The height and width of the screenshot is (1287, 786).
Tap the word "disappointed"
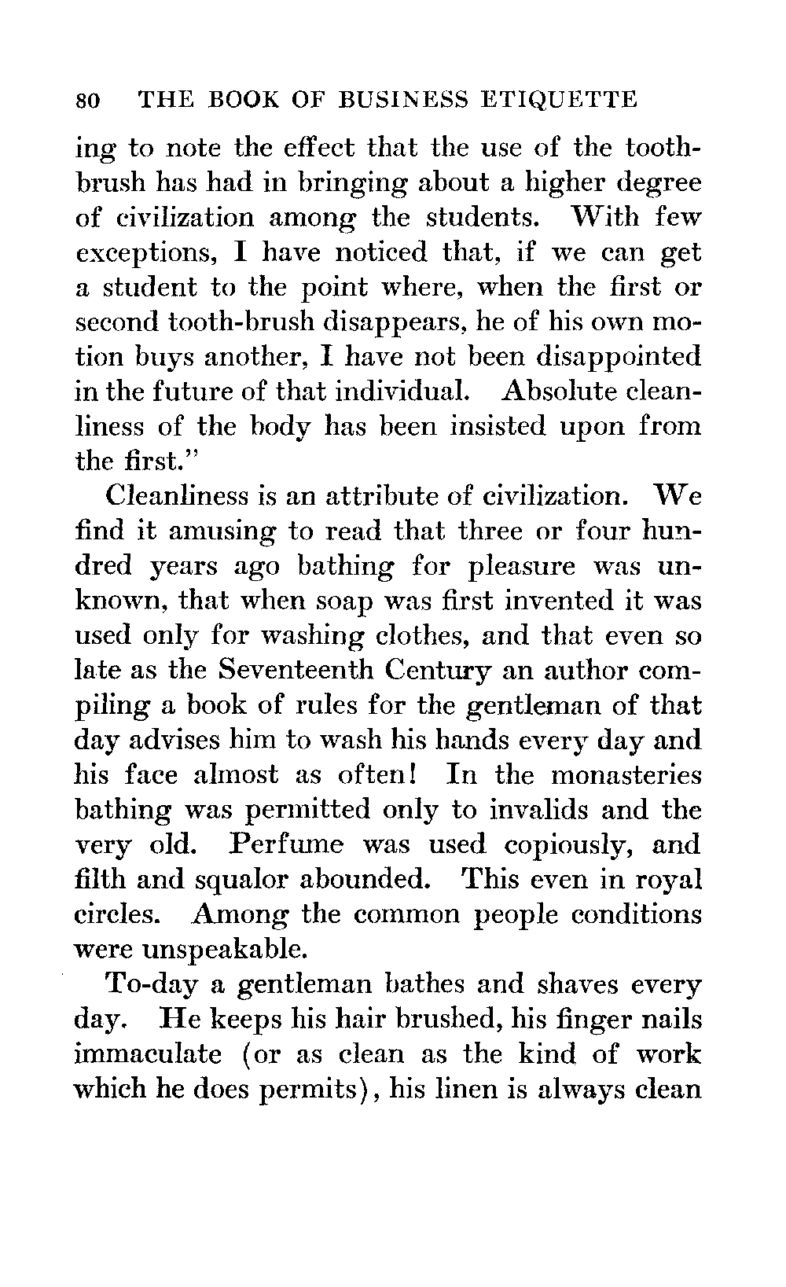pos(618,357)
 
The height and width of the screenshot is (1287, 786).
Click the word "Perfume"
pos(288,844)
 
